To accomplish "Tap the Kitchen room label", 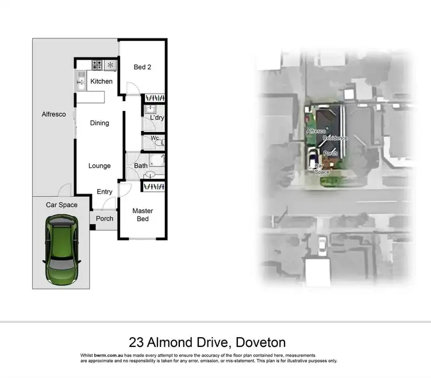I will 101,82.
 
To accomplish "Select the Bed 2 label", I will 143,67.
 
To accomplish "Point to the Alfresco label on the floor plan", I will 54,114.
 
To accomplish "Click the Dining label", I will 99,123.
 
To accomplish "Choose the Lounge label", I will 99,166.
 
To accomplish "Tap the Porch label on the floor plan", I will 105,218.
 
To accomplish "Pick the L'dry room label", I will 156,118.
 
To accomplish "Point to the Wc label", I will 154,138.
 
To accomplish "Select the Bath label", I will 141,166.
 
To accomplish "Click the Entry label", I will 105,192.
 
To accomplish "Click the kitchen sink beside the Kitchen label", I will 81,83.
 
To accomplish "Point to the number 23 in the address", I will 137,343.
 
